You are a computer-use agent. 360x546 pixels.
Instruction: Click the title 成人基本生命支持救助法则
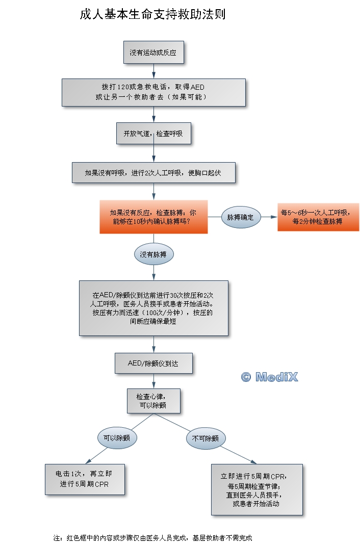click(152, 14)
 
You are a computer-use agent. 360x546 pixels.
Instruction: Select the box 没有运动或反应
click(153, 53)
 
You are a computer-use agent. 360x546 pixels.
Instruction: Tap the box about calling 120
click(153, 92)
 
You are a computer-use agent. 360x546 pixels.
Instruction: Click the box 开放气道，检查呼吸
click(153, 134)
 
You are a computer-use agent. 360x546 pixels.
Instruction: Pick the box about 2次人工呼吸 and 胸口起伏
click(153, 173)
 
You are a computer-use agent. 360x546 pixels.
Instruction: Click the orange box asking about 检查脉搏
click(153, 217)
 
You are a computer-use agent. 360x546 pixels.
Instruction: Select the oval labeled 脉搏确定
click(241, 217)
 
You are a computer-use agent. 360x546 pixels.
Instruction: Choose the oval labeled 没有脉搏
click(153, 254)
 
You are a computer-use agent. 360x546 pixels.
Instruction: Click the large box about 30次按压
click(153, 307)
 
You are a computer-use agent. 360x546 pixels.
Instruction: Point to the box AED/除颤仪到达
click(153, 363)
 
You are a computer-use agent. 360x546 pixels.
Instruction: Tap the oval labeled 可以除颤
click(117, 438)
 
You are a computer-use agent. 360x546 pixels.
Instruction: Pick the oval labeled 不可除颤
click(205, 438)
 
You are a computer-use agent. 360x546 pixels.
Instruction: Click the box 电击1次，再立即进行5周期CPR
click(85, 479)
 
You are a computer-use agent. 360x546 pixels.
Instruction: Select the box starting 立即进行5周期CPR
click(257, 489)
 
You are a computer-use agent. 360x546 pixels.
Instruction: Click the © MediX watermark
click(269, 377)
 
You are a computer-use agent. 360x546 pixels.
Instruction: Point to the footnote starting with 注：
click(153, 538)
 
